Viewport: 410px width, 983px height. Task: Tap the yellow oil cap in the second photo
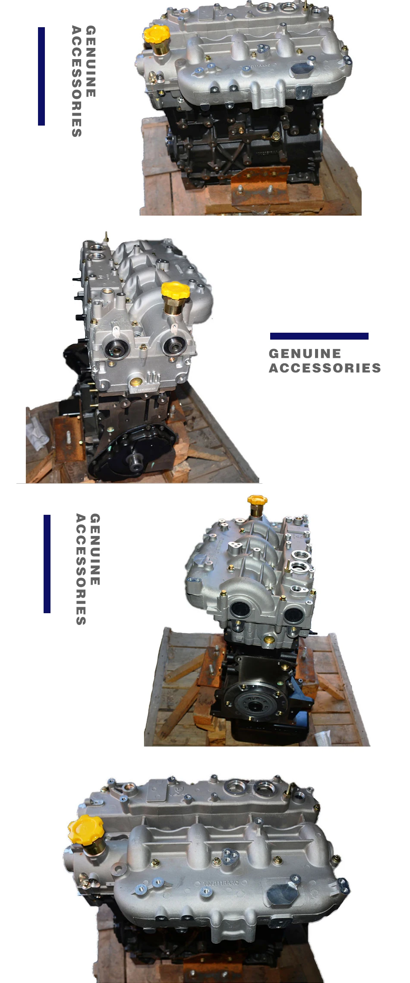175,290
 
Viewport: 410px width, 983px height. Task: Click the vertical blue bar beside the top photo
41,76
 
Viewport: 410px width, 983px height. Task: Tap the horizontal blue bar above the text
319,336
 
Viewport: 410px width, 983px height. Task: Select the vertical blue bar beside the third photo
47,564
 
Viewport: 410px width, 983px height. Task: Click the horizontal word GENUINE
305,354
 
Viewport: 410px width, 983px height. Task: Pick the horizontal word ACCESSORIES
325,368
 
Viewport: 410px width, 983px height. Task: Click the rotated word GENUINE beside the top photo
91,61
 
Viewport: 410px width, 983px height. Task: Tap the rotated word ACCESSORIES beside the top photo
76,82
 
